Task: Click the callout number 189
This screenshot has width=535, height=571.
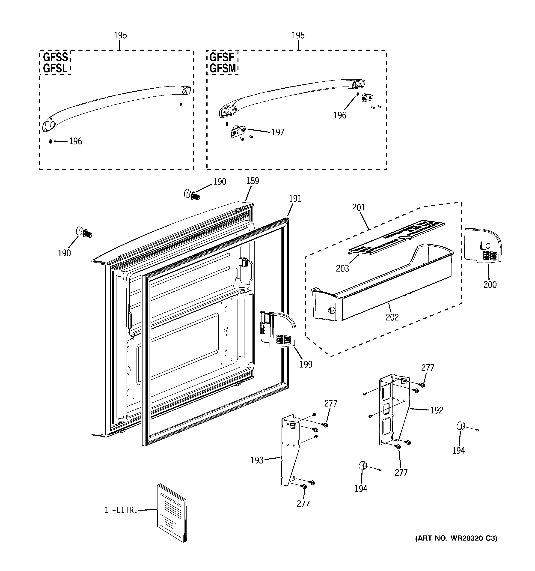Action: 253,181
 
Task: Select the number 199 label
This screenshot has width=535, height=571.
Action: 306,365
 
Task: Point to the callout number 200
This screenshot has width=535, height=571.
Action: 490,285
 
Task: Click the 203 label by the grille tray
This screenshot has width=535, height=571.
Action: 342,269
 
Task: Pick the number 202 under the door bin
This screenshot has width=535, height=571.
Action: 392,317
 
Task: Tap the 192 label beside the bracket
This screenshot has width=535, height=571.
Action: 437,410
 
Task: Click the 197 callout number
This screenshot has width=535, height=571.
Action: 278,132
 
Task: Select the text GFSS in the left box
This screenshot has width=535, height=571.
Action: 55,57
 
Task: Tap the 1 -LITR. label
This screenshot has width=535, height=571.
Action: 121,510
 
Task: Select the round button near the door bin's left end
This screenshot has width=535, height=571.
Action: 331,311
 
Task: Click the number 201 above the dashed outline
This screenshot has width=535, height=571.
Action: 358,207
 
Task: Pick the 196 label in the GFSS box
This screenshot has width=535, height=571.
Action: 76,141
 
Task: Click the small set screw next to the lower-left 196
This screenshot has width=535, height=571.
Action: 51,141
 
